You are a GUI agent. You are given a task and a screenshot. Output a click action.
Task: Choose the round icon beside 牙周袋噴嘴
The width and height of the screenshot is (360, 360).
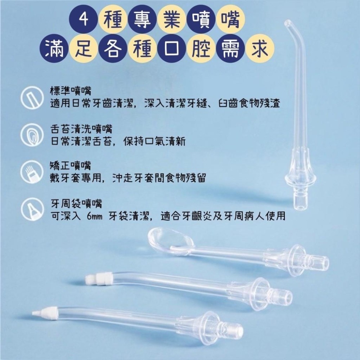(x=32, y=210)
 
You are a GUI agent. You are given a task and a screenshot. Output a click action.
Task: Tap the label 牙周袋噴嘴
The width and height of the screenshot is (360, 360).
(x=76, y=204)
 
